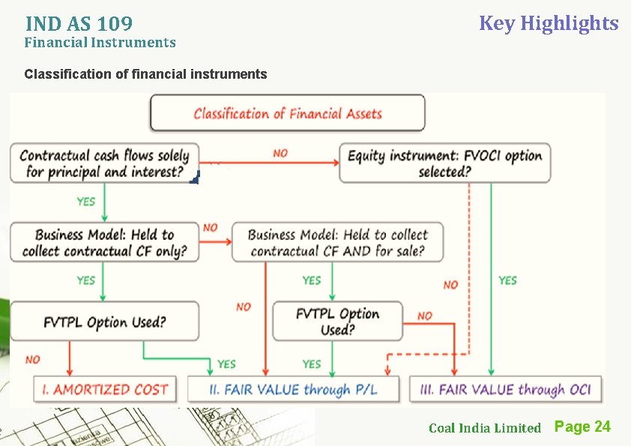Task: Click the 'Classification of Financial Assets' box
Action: coord(288,113)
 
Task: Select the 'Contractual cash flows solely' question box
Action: coord(104,163)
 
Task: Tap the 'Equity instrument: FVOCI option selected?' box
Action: coord(444,163)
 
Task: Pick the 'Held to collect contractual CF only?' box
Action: coord(104,242)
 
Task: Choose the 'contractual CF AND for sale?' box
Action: coord(337,242)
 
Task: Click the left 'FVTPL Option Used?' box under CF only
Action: coord(104,322)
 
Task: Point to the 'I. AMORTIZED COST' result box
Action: coord(104,390)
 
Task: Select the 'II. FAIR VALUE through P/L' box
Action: coord(293,390)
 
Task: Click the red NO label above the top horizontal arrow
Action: coord(280,154)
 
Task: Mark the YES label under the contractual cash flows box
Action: coord(86,202)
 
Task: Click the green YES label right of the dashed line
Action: coord(507,280)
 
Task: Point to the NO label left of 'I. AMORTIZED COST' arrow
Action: coord(32,360)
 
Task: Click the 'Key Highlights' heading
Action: coord(549,23)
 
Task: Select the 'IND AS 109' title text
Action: coord(79,24)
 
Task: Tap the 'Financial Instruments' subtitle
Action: coord(100,43)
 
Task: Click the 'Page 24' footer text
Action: coord(582,427)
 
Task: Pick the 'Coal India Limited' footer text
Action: coord(484,428)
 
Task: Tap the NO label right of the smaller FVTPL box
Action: coord(425,316)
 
